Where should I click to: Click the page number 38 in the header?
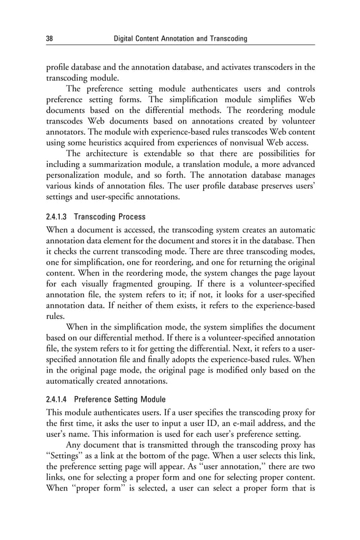point(49,38)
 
